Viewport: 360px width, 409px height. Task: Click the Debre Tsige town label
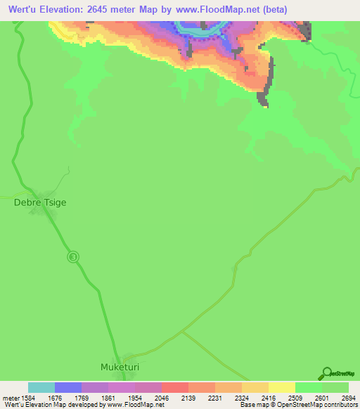point(40,202)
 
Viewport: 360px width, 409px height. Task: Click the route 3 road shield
point(73,257)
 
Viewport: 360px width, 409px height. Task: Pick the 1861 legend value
point(108,396)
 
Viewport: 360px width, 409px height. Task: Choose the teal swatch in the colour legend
point(41,387)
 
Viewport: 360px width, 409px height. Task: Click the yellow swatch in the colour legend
point(281,387)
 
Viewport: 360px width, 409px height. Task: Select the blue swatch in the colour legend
point(68,387)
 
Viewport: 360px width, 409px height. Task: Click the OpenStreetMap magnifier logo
point(327,372)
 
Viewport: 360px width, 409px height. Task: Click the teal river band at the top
point(200,30)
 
